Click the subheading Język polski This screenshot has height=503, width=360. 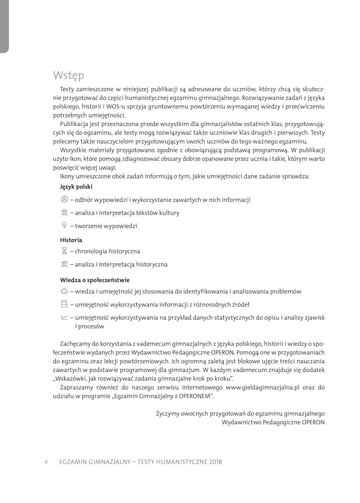76,187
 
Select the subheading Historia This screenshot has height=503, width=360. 71,240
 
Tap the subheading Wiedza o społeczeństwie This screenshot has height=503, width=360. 95,280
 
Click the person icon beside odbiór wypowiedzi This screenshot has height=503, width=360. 65,199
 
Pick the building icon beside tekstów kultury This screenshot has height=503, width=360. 65,213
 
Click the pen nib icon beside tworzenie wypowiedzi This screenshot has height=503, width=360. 65,226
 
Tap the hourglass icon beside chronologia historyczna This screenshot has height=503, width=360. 65,251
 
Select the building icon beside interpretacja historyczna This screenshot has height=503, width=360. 65,264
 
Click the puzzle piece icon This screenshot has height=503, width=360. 65,291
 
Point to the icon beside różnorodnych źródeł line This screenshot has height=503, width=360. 65,304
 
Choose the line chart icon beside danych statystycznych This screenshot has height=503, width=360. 65,317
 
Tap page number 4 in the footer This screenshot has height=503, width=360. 46,462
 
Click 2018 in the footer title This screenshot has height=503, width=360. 216,462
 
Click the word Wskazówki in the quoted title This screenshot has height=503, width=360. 71,379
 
